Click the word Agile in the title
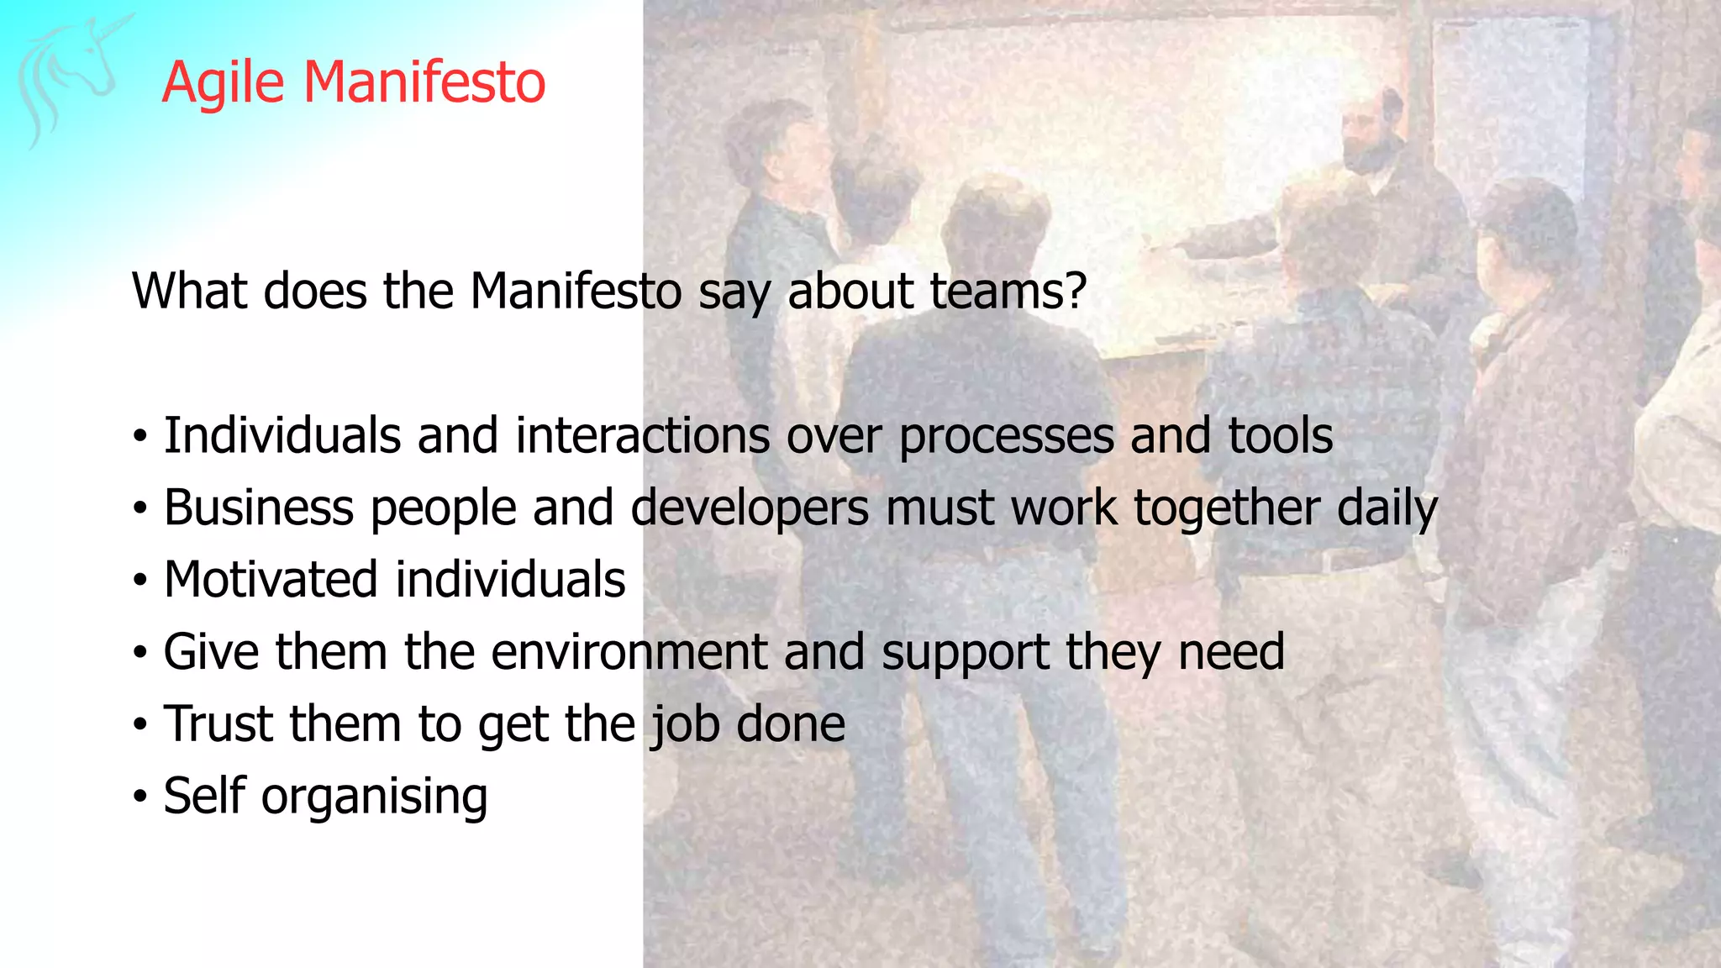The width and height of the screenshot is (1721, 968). tap(223, 82)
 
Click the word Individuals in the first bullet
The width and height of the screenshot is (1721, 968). tap(282, 435)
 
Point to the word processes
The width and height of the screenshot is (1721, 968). tap(1005, 437)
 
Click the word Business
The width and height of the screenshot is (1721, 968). tap(259, 508)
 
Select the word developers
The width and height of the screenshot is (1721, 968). tap(750, 509)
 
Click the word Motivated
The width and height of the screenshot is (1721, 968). tap(271, 580)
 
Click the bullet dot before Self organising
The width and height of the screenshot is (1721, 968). tap(139, 797)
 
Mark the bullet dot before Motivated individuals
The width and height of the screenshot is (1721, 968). tap(139, 581)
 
